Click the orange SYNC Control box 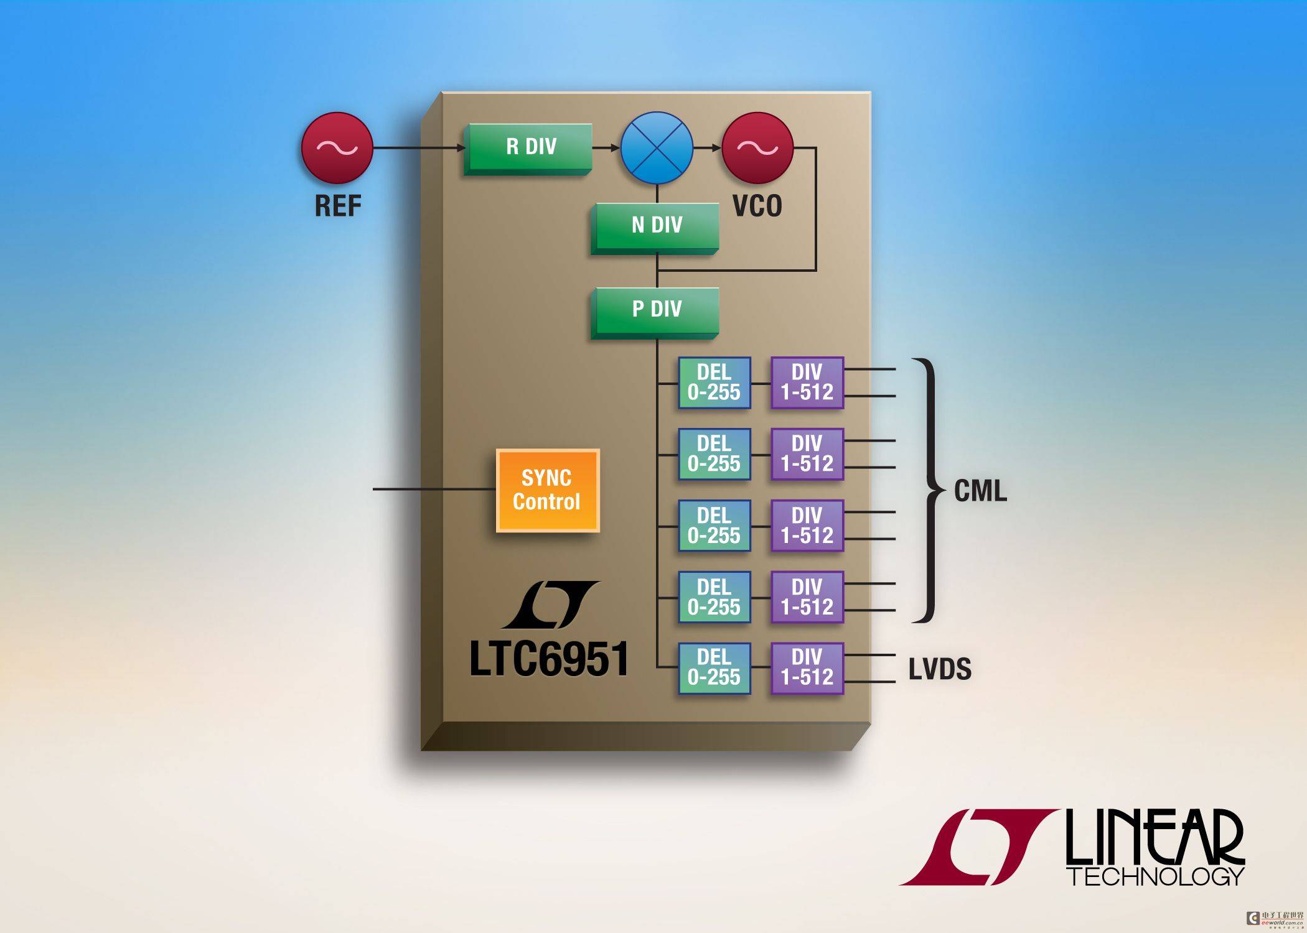pos(548,490)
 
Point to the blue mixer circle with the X pos(657,148)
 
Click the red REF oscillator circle pos(337,148)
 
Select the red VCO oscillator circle pos(757,148)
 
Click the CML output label pos(980,491)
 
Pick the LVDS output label pos(940,669)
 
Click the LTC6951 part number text pos(549,659)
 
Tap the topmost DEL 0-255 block pos(714,383)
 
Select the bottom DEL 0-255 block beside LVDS pos(714,668)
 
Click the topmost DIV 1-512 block pos(807,383)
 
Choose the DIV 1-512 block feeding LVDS pos(807,668)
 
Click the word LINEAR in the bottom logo pos(1155,837)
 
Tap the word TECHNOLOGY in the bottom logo pos(1156,876)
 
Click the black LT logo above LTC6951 pos(551,605)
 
